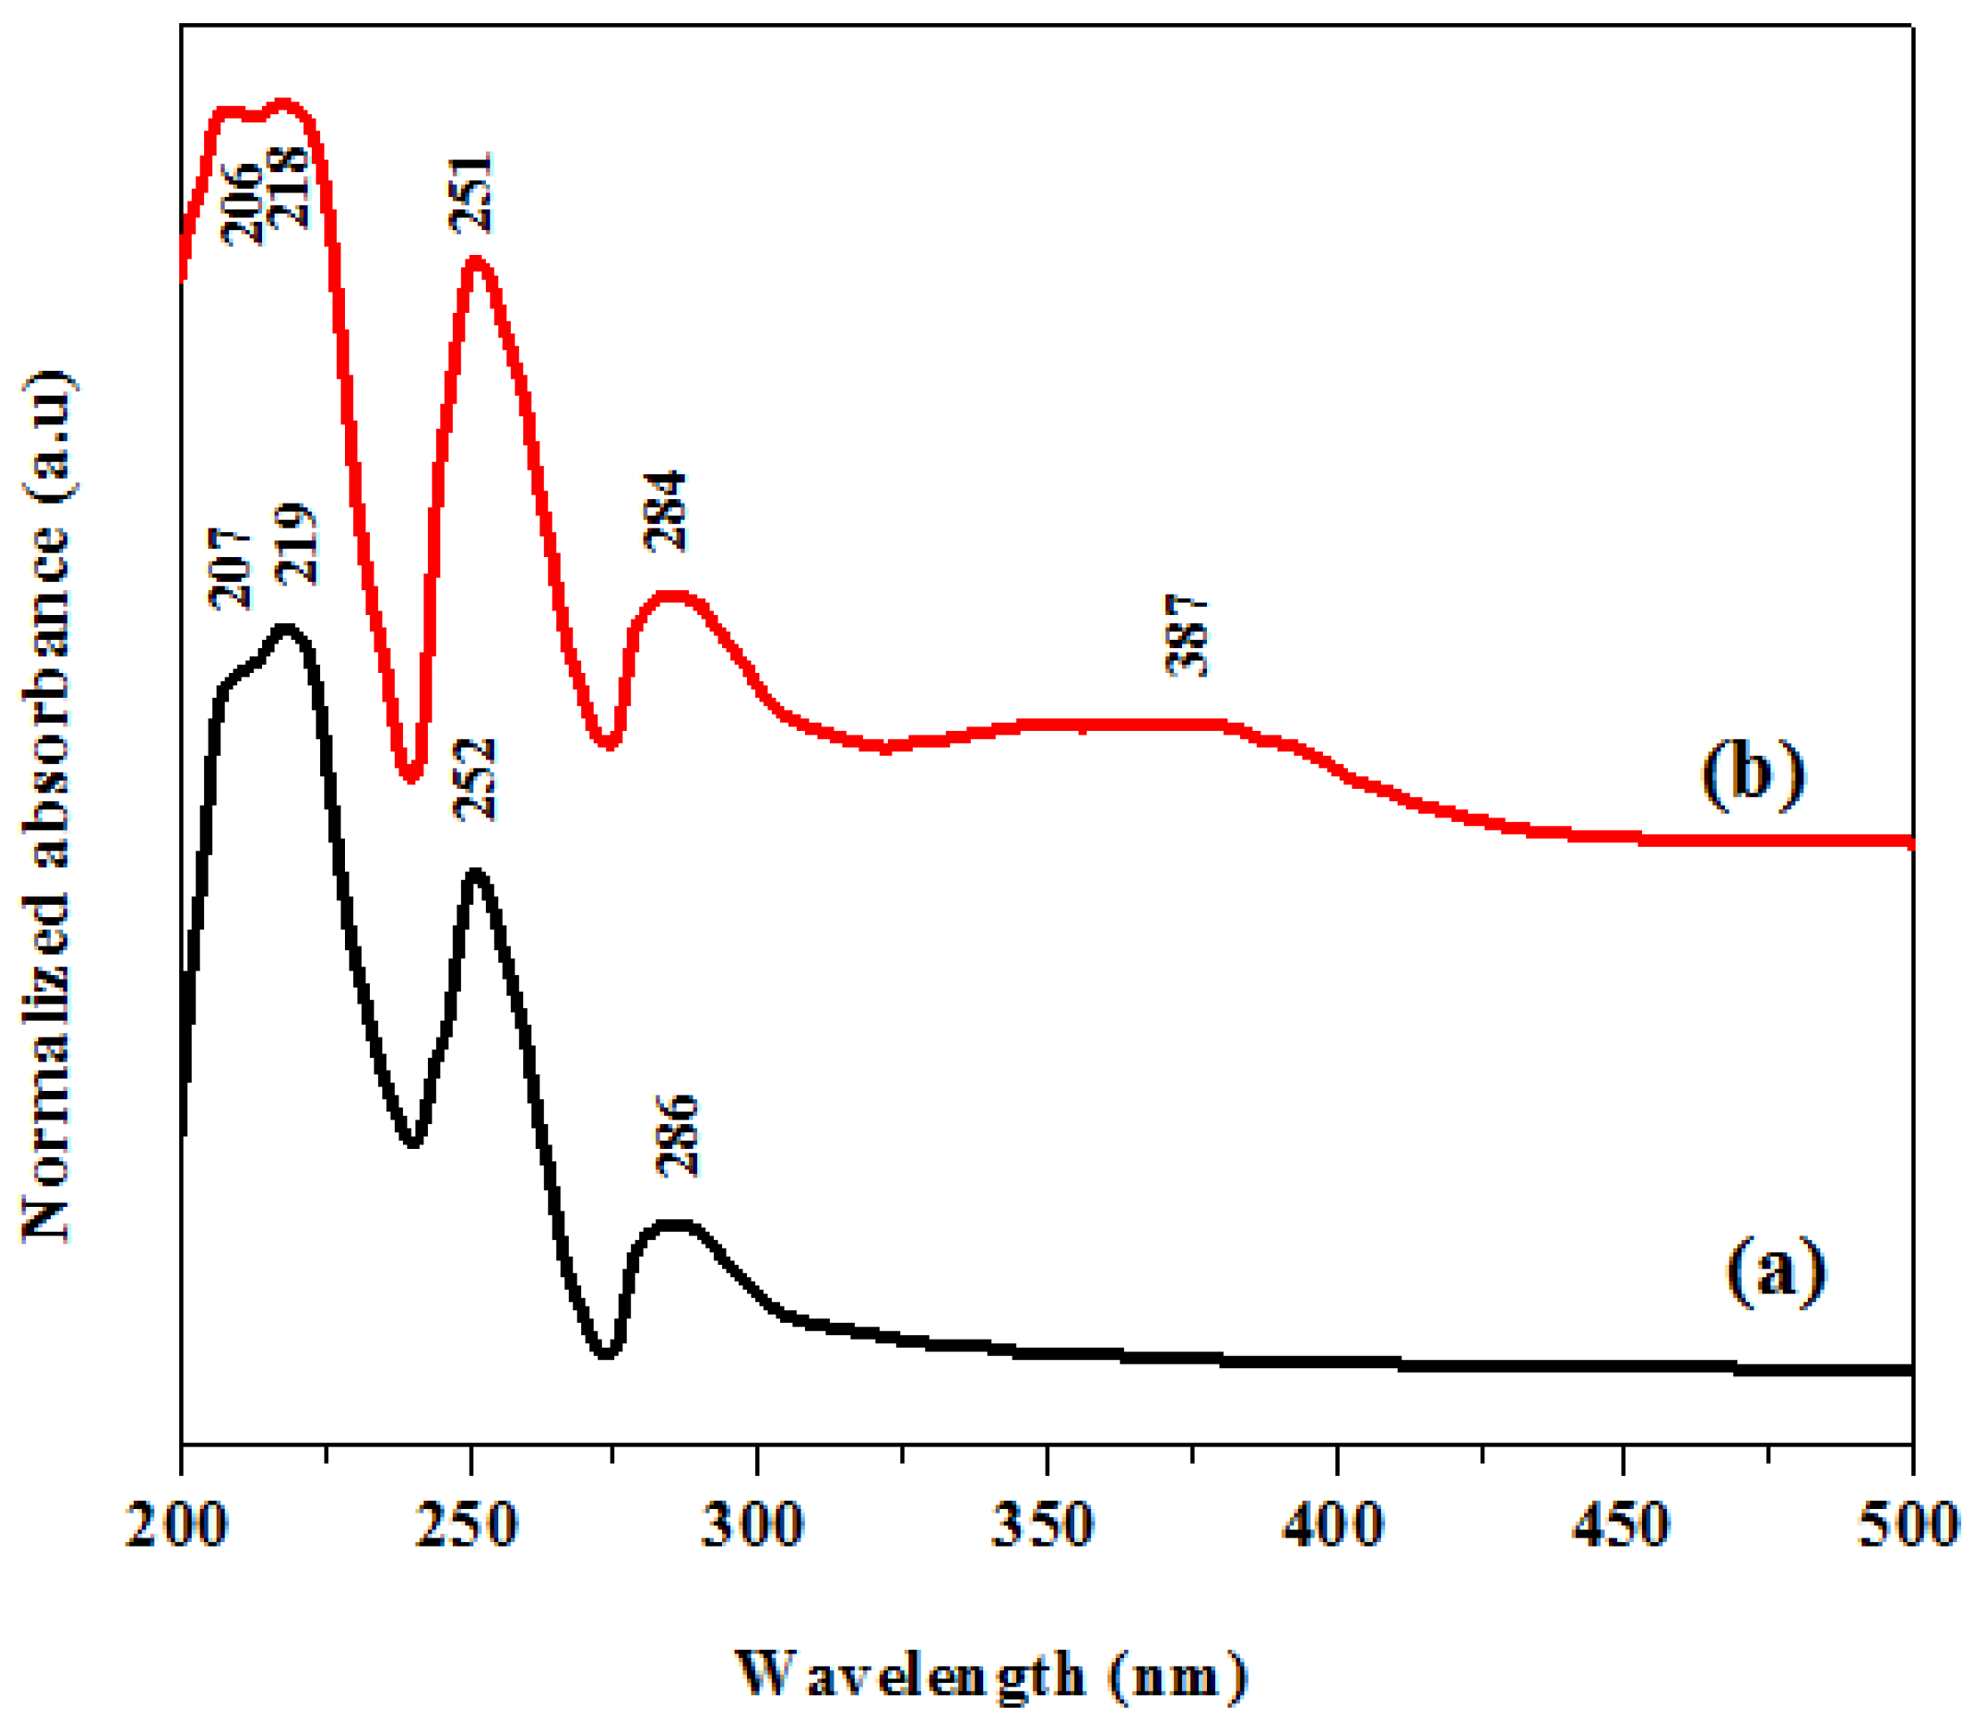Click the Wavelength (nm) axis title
(x=991, y=1674)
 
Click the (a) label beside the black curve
(x=1775, y=1271)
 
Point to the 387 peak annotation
(x=1187, y=636)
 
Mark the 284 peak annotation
(x=666, y=511)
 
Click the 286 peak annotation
(x=677, y=1134)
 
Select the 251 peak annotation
(x=472, y=193)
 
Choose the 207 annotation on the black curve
(x=231, y=569)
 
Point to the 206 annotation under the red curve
(x=242, y=204)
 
